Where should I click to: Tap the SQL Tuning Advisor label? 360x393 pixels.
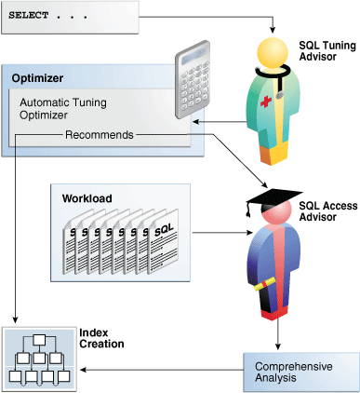click(x=325, y=50)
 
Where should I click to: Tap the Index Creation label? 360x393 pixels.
click(x=100, y=337)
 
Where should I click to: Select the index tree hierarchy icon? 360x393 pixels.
click(x=37, y=357)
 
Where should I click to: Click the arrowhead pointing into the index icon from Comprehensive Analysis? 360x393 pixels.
click(x=82, y=370)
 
